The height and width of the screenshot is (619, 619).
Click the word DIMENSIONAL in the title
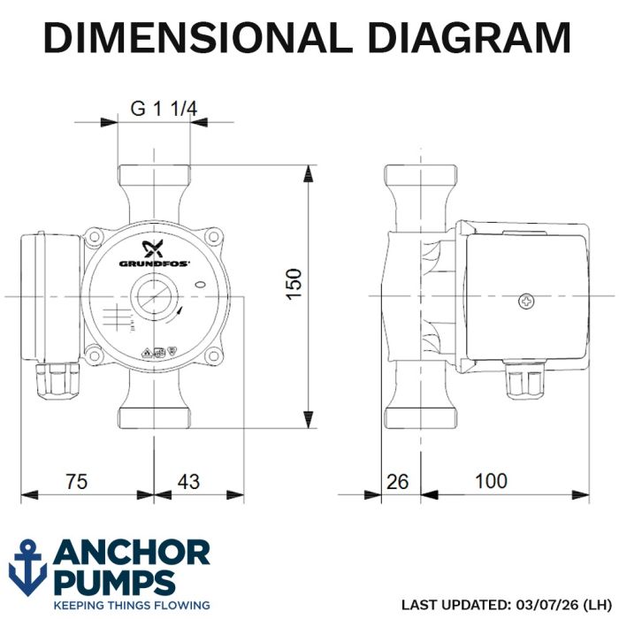pyautogui.click(x=198, y=37)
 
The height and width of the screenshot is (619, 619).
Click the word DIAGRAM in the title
pyautogui.click(x=470, y=37)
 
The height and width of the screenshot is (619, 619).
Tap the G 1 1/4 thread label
pyautogui.click(x=164, y=108)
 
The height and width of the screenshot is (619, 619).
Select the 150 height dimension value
pyautogui.click(x=294, y=284)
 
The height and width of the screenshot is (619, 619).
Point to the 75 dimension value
pyautogui.click(x=77, y=482)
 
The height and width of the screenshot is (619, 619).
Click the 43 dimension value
pyautogui.click(x=188, y=482)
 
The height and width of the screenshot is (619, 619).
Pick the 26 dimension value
pyautogui.click(x=397, y=482)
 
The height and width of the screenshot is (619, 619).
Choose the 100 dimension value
pyautogui.click(x=491, y=481)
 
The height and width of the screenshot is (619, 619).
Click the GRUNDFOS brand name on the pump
pyautogui.click(x=155, y=264)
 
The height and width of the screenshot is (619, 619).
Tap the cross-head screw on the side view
pyautogui.click(x=526, y=302)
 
